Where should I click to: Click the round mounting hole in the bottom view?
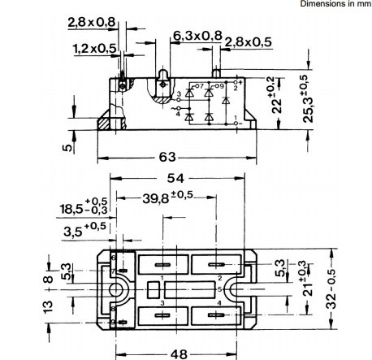[x=121, y=290]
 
